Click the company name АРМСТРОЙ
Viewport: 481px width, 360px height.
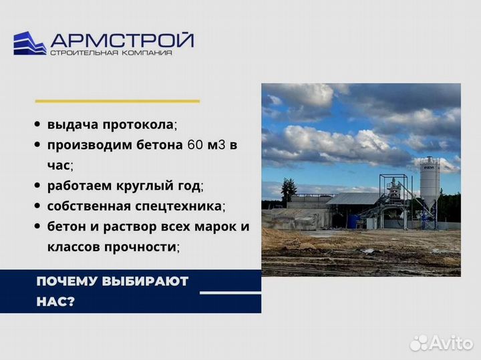pyautogui.click(x=122, y=39)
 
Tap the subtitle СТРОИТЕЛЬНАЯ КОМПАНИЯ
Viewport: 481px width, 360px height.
pyautogui.click(x=111, y=53)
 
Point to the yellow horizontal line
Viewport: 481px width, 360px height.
pyautogui.click(x=117, y=101)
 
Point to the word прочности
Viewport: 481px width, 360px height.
pyautogui.click(x=140, y=246)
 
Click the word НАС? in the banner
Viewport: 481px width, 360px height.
pyautogui.click(x=55, y=301)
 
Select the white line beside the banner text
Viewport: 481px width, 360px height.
pyautogui.click(x=230, y=293)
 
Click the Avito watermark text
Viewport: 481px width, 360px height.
pyautogui.click(x=451, y=343)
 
